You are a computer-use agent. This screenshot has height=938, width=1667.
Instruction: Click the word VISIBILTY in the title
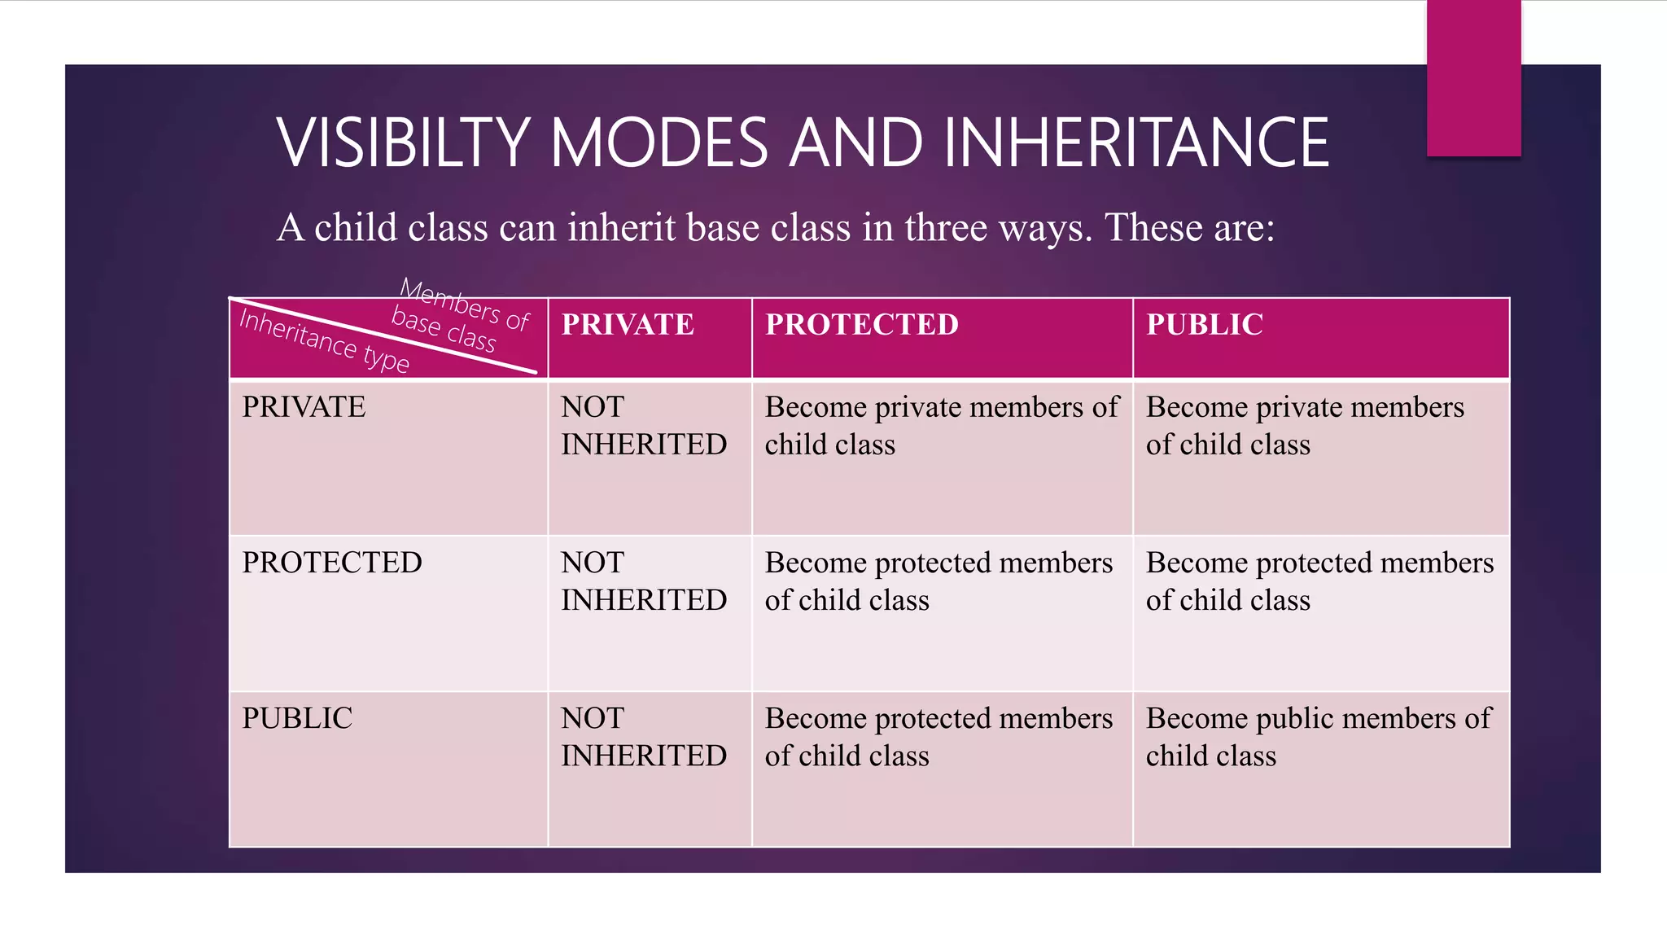404,143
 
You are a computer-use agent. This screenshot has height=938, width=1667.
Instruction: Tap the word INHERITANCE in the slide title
1136,143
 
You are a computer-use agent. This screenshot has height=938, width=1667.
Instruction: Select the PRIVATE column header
628,325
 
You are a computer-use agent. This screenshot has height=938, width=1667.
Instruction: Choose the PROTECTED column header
862,325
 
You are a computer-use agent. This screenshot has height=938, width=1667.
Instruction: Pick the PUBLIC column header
1205,325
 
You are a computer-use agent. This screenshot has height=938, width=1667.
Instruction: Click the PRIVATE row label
304,407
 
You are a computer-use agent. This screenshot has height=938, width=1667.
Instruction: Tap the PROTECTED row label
332,563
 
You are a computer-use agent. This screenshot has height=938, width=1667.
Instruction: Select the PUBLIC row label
297,718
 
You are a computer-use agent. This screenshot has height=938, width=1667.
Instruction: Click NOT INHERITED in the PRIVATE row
643,426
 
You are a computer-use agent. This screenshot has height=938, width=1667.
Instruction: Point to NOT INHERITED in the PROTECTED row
643,581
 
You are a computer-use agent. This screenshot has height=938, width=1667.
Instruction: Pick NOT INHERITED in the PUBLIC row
643,737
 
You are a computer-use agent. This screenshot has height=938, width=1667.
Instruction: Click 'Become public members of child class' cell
1318,737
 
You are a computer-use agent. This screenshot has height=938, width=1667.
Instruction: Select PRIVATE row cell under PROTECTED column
941,426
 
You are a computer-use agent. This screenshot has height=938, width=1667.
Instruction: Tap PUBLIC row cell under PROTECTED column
938,737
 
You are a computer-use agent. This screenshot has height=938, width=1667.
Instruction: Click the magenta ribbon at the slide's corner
1473,77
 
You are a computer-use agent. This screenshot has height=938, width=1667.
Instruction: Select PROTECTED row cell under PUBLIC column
1319,581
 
